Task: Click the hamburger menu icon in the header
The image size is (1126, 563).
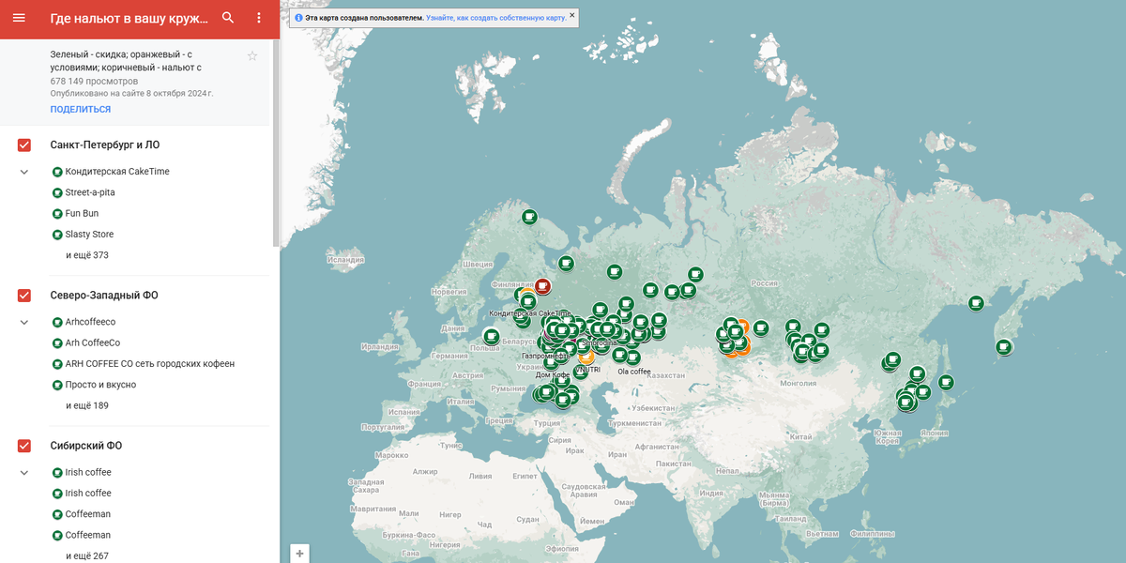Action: click(x=19, y=18)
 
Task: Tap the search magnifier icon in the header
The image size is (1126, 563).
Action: click(x=228, y=18)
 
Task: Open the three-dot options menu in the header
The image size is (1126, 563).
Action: click(x=259, y=18)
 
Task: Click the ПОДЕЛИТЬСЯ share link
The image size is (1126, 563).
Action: click(x=81, y=110)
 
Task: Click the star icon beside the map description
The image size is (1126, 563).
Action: click(x=252, y=56)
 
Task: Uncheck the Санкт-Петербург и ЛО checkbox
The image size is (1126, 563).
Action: click(x=24, y=145)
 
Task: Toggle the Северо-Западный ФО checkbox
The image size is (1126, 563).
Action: click(x=24, y=296)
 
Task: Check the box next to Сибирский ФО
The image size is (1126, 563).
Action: click(x=24, y=446)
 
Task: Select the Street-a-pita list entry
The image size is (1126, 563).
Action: click(x=90, y=192)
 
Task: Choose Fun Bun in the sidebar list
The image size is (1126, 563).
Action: click(x=82, y=214)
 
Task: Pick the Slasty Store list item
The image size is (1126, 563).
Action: click(x=89, y=235)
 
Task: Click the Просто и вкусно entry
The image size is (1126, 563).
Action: click(x=100, y=385)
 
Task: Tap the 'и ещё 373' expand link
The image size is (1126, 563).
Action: click(x=87, y=255)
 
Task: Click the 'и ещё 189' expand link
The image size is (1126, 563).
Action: click(x=87, y=405)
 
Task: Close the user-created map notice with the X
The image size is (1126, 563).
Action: click(x=571, y=15)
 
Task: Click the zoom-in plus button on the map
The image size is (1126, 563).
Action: click(x=299, y=554)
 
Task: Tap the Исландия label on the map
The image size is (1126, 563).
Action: click(x=345, y=260)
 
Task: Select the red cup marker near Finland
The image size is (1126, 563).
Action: click(x=542, y=286)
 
